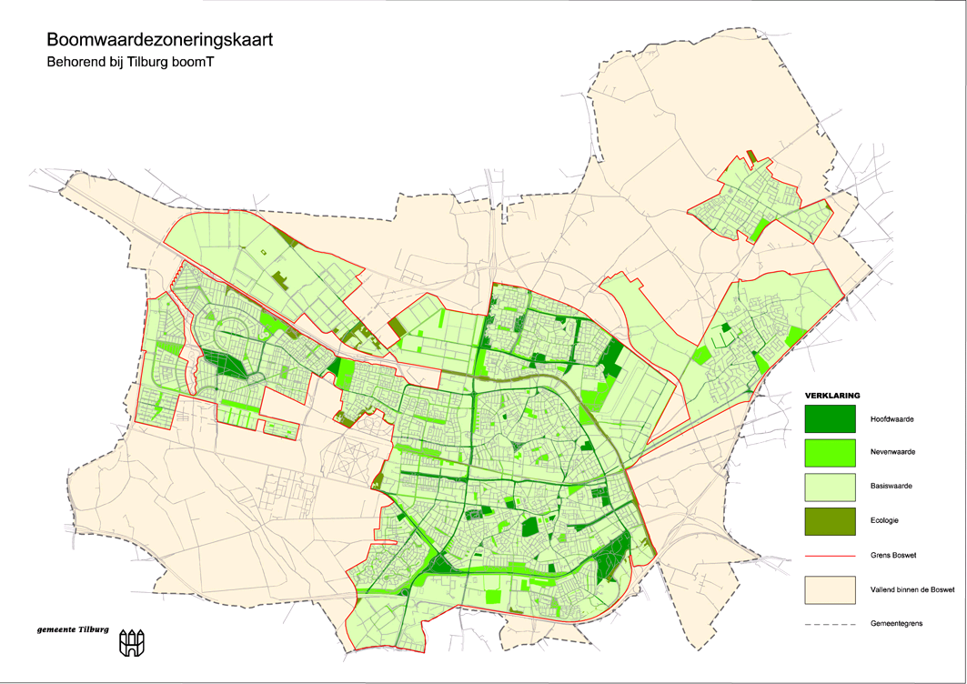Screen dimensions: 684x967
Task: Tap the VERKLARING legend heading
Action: point(832,396)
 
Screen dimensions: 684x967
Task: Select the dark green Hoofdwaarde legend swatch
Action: point(830,418)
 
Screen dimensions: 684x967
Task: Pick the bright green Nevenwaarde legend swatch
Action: point(830,452)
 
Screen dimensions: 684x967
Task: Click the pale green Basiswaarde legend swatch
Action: point(830,486)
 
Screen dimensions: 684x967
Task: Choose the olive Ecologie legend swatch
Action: point(830,520)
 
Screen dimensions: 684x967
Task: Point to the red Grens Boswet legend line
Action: point(830,555)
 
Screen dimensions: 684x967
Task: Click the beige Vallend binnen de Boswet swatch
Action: point(830,589)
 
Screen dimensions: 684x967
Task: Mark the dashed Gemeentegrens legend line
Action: point(830,625)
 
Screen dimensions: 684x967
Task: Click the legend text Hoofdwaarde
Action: point(891,419)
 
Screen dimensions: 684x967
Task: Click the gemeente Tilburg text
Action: point(73,629)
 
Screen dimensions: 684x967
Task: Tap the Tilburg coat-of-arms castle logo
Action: point(132,644)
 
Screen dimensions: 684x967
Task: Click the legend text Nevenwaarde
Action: point(892,453)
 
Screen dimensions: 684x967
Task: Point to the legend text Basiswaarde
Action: point(891,487)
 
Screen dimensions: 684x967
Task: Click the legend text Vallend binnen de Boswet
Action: point(912,590)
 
